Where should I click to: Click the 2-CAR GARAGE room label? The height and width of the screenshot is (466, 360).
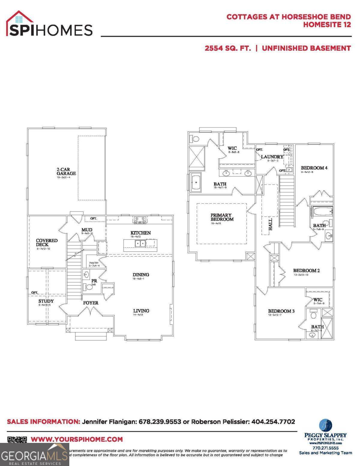(66, 171)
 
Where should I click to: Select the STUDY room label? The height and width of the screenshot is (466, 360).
(46, 301)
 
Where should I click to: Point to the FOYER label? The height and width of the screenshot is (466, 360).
(91, 303)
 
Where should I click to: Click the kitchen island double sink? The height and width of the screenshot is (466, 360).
(140, 243)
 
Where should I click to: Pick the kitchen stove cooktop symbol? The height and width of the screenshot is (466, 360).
(140, 220)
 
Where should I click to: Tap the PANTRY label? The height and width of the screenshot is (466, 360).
(94, 263)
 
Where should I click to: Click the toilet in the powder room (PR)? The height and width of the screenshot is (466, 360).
(89, 287)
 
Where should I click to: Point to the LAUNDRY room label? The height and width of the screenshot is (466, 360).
(272, 157)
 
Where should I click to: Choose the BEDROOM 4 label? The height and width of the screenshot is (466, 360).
(312, 168)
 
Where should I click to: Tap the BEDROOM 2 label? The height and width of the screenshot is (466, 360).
(306, 270)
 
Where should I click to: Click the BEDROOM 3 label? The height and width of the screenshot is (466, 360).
(281, 311)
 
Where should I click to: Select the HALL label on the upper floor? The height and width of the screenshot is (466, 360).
(270, 224)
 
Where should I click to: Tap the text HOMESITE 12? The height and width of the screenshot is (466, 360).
(327, 25)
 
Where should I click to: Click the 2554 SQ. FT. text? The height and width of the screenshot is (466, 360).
(228, 48)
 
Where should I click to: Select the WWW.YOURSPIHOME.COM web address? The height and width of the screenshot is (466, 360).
(77, 439)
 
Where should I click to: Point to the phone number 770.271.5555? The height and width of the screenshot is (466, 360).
(325, 448)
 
